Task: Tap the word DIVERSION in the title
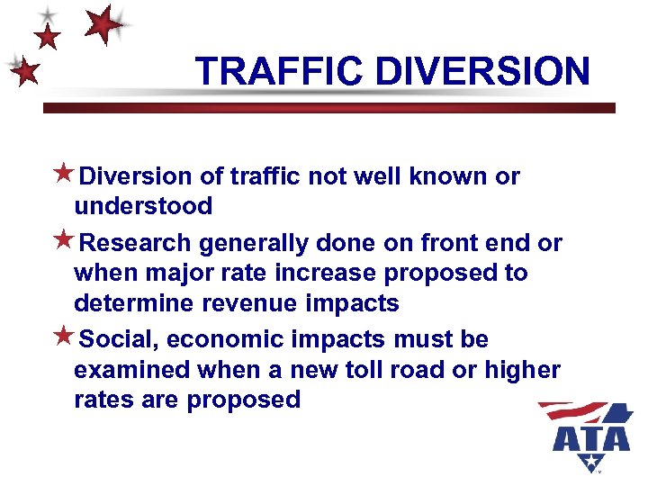point(482,71)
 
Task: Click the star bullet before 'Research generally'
point(64,241)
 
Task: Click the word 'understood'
point(143,206)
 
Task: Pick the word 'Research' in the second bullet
point(135,243)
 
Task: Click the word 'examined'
point(133,370)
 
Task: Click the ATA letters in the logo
point(591,438)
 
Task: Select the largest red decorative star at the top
point(104,24)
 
